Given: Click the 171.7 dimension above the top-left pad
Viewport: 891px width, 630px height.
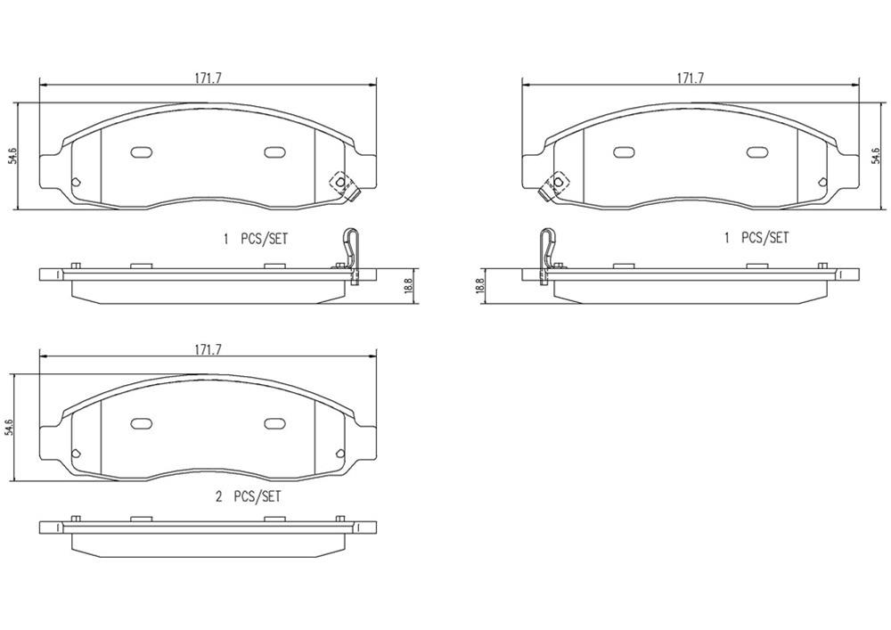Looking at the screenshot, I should [208, 78].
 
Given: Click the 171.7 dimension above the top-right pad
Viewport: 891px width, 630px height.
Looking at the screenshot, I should [691, 78].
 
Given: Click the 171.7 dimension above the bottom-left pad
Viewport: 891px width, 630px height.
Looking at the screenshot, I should [208, 350].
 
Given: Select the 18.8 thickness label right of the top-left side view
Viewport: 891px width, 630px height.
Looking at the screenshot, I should [409, 287].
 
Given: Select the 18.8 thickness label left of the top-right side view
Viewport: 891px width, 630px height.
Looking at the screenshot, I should [480, 287].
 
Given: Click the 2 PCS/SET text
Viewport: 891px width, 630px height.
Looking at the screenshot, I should [248, 496].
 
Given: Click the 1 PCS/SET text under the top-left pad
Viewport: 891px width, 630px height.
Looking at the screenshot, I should [256, 239].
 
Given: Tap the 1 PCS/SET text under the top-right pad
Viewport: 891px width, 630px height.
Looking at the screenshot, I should [756, 238].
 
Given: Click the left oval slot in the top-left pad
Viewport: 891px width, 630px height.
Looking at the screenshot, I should [142, 151].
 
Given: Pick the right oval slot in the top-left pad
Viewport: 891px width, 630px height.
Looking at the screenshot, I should [274, 151].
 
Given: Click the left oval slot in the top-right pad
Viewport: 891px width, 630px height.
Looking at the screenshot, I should [624, 151].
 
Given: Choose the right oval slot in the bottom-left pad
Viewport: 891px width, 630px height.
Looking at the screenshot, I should [274, 423].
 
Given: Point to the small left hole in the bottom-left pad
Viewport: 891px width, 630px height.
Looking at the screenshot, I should [75, 453].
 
